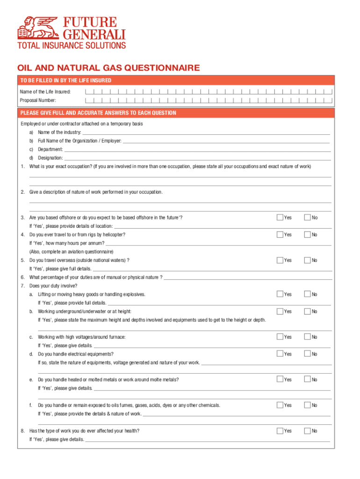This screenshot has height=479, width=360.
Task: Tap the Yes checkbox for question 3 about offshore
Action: coord(280,218)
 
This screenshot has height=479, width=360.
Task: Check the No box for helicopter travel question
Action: coord(308,234)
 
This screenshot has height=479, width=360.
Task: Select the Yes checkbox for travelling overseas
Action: coord(280,260)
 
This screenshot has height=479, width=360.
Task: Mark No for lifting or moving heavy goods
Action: coord(308,294)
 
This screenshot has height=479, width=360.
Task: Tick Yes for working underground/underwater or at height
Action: coord(280,311)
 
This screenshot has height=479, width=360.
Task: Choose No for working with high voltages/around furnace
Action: coord(308,337)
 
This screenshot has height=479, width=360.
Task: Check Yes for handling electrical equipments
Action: coord(280,354)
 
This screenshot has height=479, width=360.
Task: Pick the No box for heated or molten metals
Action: coord(308,379)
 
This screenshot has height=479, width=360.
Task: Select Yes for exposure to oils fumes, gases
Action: coord(280,405)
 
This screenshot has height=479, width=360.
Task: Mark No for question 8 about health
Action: coord(308,431)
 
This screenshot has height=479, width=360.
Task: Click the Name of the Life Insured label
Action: coord(45,92)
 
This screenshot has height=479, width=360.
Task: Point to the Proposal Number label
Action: coord(38,100)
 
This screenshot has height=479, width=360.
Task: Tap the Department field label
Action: coord(50,149)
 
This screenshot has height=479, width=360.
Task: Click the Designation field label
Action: coord(50,158)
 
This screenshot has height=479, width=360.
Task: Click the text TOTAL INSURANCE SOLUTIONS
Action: coord(72,45)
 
